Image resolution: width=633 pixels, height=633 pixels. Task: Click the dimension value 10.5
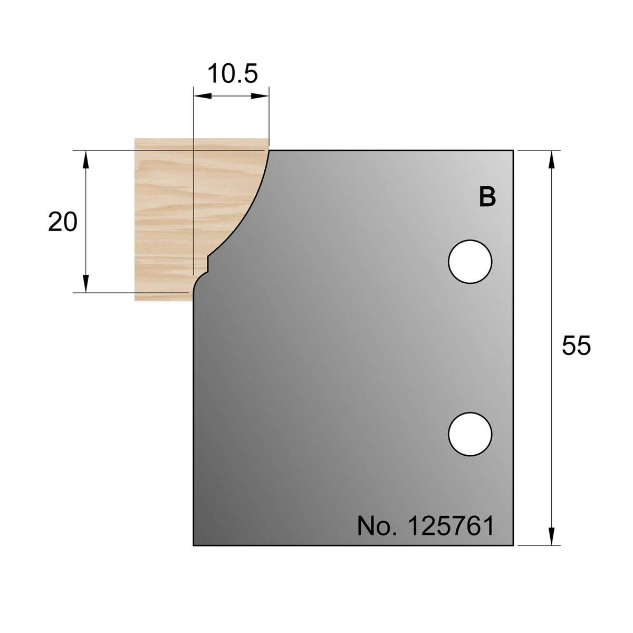coord(232,74)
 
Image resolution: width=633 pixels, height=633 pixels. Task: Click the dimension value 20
coord(62,223)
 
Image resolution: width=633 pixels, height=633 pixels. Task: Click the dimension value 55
coord(576,347)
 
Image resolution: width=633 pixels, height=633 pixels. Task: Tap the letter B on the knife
coord(487,197)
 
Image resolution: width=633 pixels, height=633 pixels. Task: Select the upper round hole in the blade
coord(469,262)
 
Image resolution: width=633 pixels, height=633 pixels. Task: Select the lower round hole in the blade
coord(469,434)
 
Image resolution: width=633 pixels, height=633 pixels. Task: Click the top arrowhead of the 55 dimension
coord(552,158)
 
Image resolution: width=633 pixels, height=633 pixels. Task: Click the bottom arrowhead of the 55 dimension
coord(552,537)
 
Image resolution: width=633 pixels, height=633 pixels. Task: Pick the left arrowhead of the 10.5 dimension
coord(202,96)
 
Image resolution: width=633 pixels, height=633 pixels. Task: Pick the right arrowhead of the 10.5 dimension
coord(261,96)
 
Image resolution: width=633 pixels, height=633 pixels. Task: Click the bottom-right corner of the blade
coord(513,545)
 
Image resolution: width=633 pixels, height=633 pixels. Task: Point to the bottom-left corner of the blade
coord(194,545)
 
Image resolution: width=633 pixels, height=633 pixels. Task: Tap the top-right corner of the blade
coord(513,150)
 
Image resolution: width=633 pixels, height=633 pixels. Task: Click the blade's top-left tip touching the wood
coord(269,151)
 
